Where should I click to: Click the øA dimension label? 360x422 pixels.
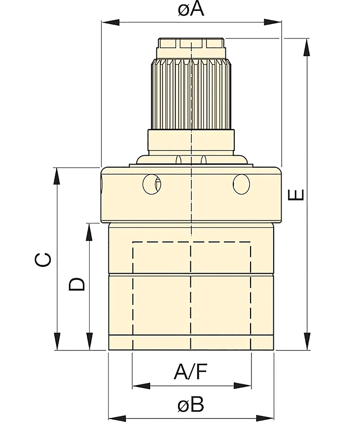(191, 9)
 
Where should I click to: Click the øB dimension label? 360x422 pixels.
(191, 405)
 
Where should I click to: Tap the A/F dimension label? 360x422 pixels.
(191, 371)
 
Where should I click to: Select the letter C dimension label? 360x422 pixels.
(43, 259)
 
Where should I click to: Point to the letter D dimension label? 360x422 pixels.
(77, 284)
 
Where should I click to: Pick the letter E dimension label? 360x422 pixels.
(296, 195)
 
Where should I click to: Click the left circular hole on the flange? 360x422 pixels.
(152, 184)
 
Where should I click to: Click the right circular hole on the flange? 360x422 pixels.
(241, 184)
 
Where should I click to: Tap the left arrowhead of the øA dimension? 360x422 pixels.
(110, 22)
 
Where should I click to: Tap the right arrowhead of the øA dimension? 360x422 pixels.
(273, 22)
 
